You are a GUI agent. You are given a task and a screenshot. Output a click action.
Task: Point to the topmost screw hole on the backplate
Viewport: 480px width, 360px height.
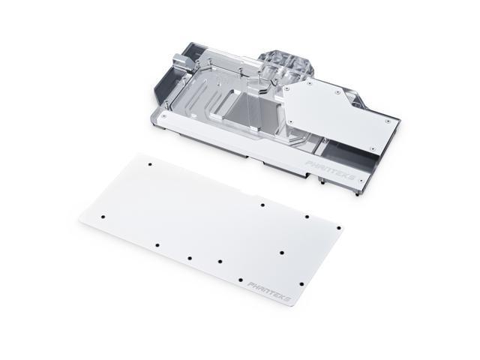148,163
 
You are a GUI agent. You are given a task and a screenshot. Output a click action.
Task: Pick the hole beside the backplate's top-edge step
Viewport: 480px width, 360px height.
262,203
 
